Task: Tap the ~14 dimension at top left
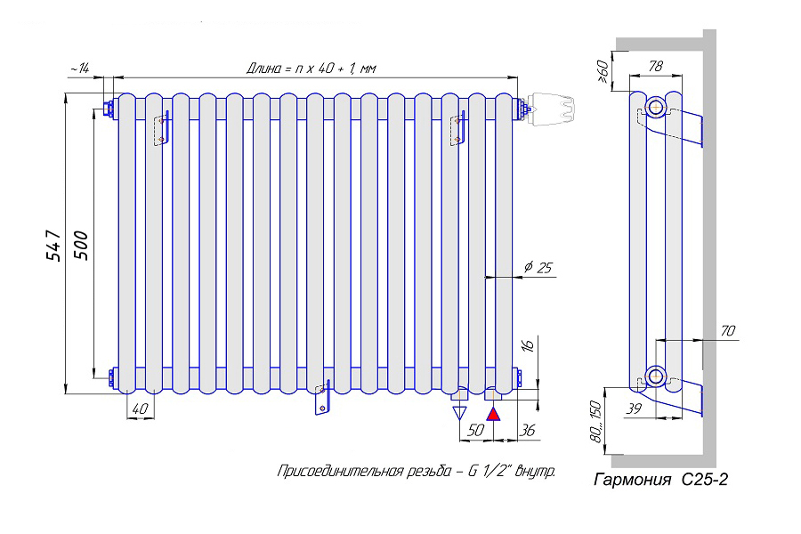78,69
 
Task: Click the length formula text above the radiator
311,69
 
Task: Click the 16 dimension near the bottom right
526,344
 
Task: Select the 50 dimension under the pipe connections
476,430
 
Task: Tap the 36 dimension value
527,430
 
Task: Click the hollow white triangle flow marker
460,412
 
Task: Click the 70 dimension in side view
727,331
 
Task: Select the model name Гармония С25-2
661,481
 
